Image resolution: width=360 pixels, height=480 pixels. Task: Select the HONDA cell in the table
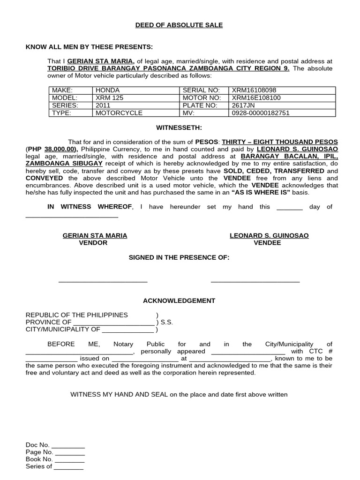[108, 90]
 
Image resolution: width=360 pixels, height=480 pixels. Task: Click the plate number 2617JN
[242, 105]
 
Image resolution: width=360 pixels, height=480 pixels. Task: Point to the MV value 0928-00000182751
[261, 113]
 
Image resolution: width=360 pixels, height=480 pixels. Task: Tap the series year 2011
[103, 105]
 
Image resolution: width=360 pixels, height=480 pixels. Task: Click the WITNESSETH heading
[180, 127]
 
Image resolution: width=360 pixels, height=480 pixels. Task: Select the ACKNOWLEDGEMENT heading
[180, 301]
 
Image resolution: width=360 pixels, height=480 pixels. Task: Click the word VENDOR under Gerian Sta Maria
[93, 243]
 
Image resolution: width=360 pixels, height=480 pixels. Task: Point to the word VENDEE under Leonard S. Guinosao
[267, 243]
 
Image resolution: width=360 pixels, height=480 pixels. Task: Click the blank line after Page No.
[70, 453]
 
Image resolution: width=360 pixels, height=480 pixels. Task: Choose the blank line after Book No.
[70, 460]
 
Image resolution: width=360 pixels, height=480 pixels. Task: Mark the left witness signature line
[103, 281]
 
